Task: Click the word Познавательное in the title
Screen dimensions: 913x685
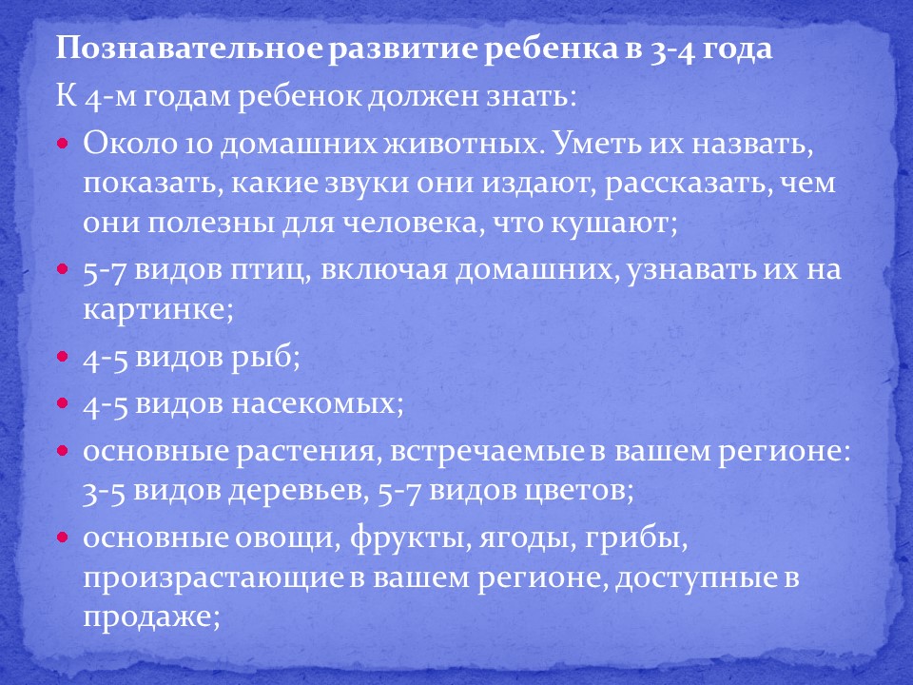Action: [188, 49]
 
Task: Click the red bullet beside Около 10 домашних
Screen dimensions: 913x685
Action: [63, 143]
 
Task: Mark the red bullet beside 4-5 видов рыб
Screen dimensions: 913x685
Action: [63, 356]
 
